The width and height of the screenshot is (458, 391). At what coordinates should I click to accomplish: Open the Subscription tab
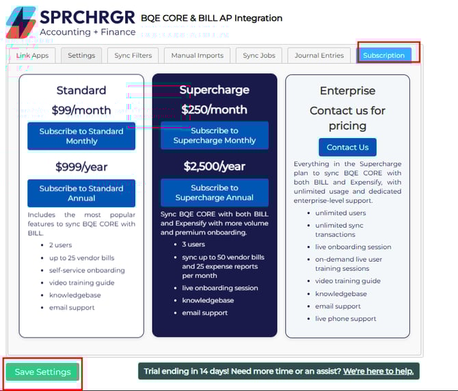coord(383,55)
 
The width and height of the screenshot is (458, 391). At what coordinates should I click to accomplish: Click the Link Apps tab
coord(32,55)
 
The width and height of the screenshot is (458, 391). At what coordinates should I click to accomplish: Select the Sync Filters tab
coord(133,55)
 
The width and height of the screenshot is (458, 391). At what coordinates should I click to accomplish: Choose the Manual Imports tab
coord(197,55)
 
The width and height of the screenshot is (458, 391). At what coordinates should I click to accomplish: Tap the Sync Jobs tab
coord(259,55)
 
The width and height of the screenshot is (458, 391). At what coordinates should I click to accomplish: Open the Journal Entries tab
coord(319,55)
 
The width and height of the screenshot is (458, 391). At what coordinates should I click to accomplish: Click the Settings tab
coord(81,55)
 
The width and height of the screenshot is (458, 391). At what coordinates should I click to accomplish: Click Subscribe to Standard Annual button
coord(81,193)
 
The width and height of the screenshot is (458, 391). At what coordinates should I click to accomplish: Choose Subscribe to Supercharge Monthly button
coord(215,135)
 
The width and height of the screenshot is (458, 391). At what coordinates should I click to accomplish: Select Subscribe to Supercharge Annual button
coord(215,193)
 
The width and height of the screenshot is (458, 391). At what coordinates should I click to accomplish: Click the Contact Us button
coord(347,147)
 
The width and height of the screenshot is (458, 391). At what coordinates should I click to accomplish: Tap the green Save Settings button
coord(42,372)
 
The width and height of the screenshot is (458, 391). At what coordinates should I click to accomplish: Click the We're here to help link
coord(378,371)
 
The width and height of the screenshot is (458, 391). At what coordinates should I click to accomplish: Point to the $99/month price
coord(81,110)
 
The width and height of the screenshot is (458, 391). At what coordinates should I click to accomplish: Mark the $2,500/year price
coord(215,166)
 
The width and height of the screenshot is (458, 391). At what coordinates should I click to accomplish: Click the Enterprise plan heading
coord(347,90)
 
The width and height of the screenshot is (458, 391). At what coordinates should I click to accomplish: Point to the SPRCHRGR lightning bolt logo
coord(21,23)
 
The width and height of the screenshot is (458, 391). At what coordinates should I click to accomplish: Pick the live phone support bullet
coord(345,319)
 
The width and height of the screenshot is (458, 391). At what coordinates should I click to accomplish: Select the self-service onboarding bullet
coord(87,271)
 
